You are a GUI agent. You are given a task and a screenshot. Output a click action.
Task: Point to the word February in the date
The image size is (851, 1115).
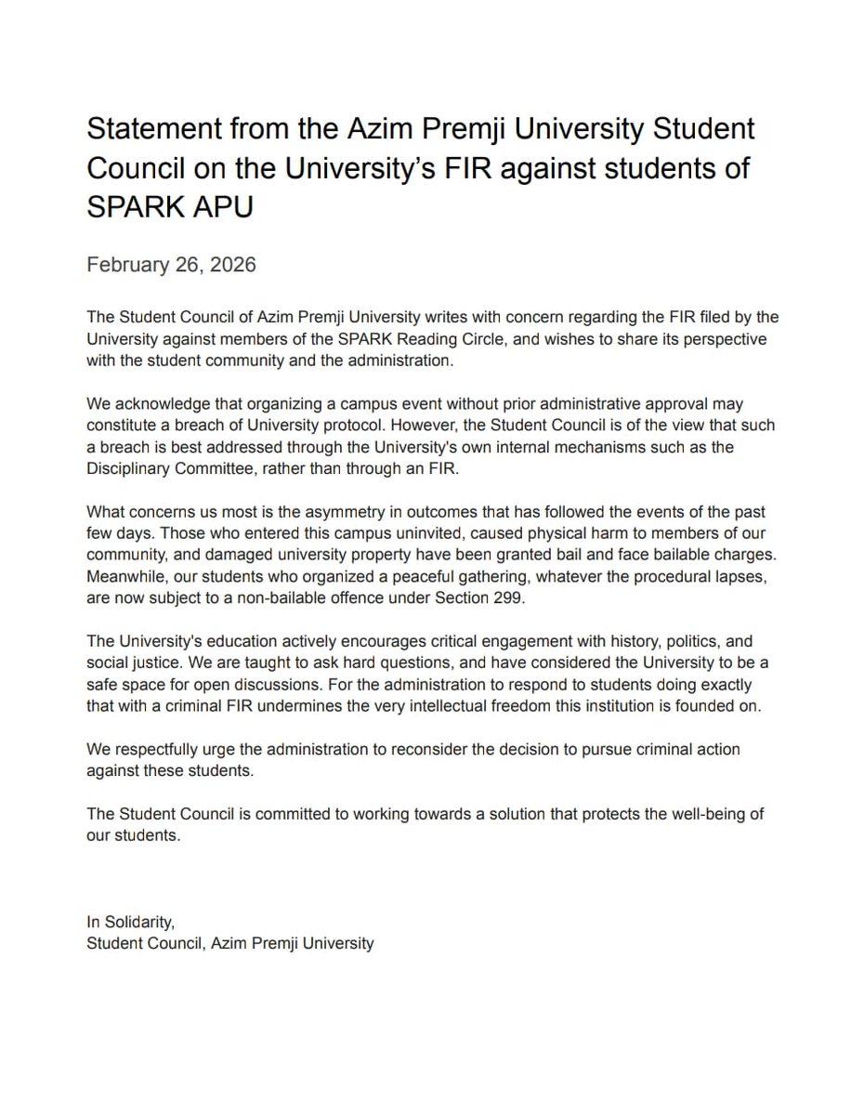(x=126, y=265)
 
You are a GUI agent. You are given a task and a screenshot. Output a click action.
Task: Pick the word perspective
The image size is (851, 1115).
(x=718, y=340)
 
